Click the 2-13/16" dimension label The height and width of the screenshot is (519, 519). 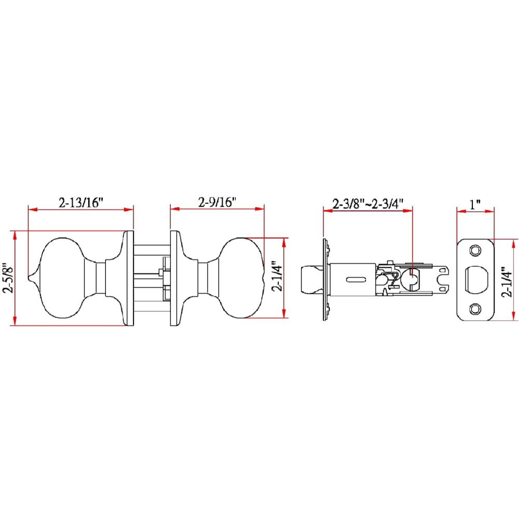[x=81, y=202]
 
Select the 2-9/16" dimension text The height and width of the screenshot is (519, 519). [x=217, y=202]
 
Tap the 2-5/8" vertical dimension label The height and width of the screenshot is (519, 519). [x=8, y=278]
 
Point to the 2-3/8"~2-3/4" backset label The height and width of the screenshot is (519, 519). [x=368, y=203]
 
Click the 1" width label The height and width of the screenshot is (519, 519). [x=475, y=204]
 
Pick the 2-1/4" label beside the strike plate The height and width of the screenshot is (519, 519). [x=507, y=282]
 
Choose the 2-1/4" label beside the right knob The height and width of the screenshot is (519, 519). [x=277, y=278]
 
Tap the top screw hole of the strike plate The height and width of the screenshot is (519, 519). [x=475, y=251]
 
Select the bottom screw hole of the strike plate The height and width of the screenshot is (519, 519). [x=475, y=309]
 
